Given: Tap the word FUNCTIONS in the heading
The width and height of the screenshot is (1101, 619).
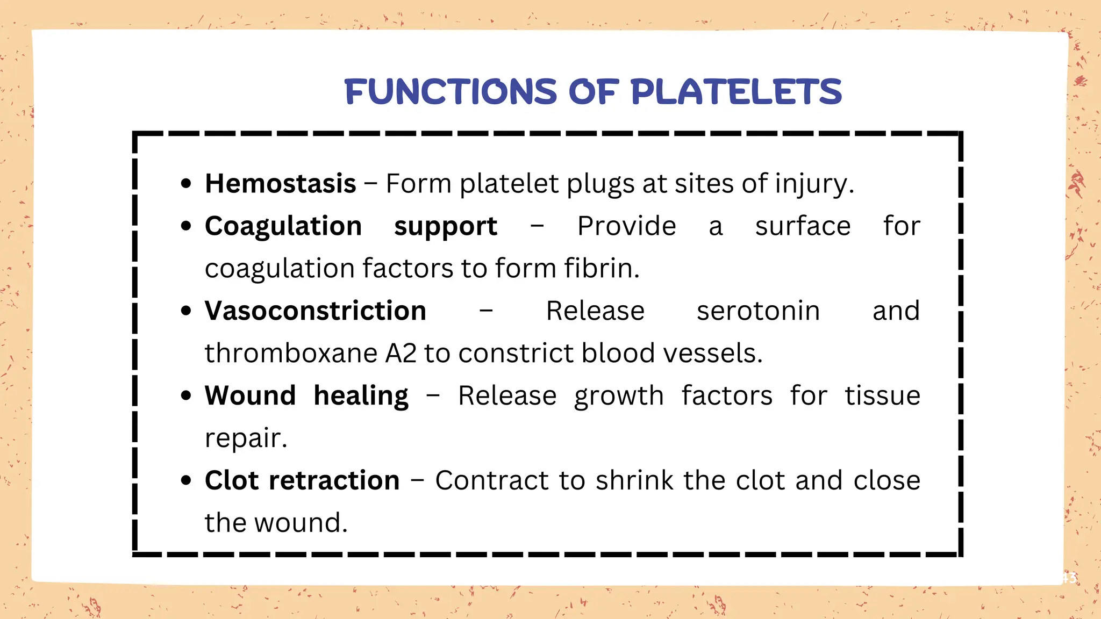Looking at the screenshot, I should (451, 92).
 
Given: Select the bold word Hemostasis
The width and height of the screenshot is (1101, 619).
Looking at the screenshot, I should (281, 184).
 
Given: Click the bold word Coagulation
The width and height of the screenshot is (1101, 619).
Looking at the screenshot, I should (283, 226).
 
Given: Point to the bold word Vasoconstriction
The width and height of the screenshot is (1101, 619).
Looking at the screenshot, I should (316, 311).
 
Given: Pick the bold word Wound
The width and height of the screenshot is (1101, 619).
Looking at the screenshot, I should (250, 396).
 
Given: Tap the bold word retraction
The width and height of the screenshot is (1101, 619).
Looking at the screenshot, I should (334, 480).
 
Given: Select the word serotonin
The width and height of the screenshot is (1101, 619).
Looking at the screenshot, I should (758, 311).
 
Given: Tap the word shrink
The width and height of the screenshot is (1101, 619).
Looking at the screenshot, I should (634, 480).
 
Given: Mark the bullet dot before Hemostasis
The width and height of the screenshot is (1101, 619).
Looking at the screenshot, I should (186, 184).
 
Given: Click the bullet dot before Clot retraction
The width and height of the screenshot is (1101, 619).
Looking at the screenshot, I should (186, 480).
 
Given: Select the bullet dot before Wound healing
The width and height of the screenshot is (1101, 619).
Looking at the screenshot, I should (186, 396).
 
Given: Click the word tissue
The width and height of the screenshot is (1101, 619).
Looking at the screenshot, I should (882, 396).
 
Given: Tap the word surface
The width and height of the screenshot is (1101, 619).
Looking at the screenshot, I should (803, 226).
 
